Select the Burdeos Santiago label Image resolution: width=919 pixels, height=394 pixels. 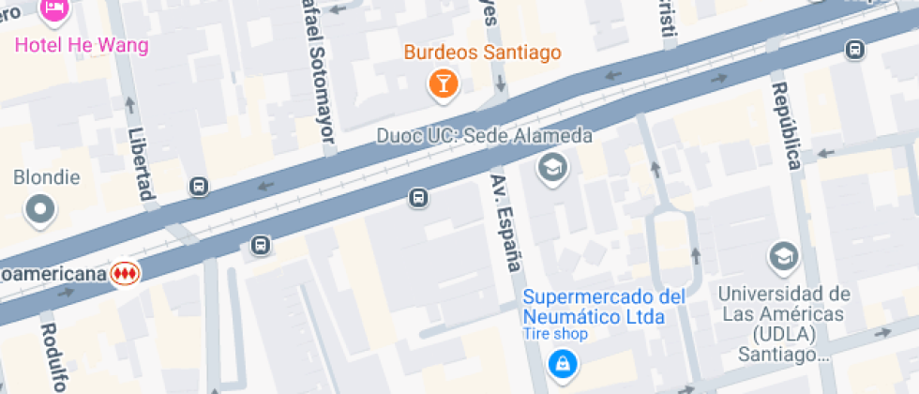483,53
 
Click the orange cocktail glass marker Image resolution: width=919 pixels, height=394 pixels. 442,84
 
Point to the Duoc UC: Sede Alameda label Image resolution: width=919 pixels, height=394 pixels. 484,136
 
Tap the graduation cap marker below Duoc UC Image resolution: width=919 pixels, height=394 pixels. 551,168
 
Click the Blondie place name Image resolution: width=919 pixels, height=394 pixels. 47,177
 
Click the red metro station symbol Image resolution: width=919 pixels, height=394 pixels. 123,273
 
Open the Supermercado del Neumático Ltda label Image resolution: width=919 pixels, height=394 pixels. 604,307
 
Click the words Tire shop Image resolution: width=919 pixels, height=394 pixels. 555,334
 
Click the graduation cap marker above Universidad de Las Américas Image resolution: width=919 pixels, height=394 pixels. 781,255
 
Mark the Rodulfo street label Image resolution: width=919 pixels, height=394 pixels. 53,356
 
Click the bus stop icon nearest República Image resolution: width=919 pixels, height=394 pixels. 854,50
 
